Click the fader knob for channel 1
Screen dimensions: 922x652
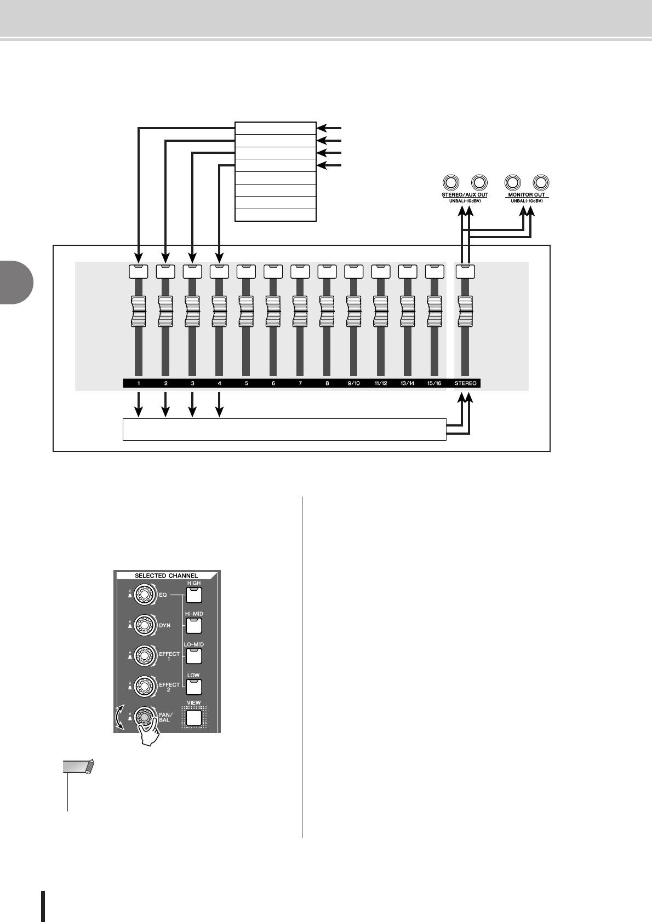139,311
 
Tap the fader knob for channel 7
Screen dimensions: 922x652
300,311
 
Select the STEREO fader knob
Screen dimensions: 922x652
466,311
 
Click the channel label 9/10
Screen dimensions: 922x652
353,383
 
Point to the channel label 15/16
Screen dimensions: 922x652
434,383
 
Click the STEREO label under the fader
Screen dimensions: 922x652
466,383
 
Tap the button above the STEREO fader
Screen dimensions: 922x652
466,271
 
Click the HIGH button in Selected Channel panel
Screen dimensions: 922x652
194,595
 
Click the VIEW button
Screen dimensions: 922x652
194,717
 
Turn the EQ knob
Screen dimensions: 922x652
144,594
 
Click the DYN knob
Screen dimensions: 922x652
144,625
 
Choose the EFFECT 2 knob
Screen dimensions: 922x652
144,685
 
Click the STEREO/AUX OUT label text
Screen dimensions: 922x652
465,195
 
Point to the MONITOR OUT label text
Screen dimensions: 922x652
527,195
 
